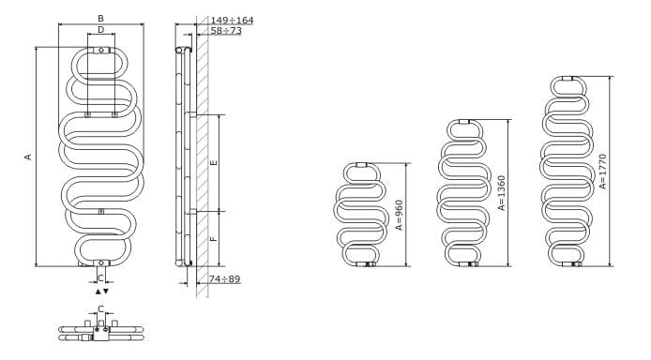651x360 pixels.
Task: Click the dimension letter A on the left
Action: pos(28,157)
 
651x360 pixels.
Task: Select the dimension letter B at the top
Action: pos(100,19)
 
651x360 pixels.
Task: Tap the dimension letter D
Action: pos(101,29)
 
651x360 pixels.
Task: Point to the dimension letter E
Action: pos(214,162)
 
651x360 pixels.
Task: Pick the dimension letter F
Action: pos(214,238)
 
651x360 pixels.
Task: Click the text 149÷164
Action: pos(232,20)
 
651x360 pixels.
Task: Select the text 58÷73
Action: pos(226,30)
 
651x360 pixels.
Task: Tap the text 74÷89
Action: pos(224,279)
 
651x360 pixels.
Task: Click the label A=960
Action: pos(399,215)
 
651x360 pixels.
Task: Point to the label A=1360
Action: pos(502,193)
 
